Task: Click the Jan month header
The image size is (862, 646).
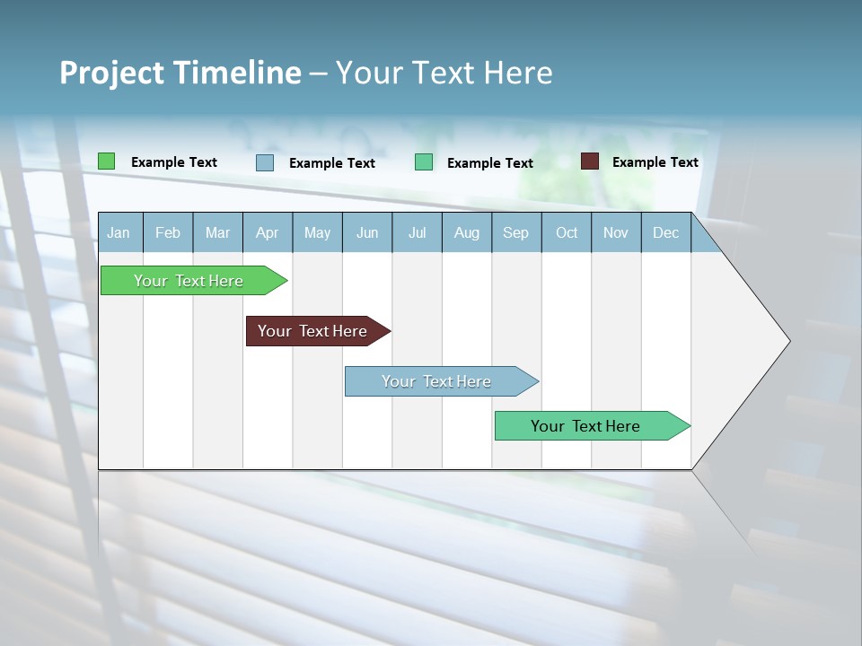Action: [119, 232]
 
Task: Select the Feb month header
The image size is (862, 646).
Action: [168, 232]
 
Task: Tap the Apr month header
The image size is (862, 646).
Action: [267, 232]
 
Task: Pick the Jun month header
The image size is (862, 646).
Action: [367, 232]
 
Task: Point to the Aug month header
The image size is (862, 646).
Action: [466, 232]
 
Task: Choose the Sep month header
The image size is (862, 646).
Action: [515, 232]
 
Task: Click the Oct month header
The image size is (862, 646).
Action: [567, 232]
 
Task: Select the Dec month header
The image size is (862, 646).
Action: [665, 232]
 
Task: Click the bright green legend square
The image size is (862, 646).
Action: [106, 161]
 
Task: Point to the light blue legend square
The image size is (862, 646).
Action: [265, 162]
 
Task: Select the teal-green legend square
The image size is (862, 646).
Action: [424, 162]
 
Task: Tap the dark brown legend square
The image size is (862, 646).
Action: [589, 161]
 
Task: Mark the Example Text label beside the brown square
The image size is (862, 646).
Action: [655, 161]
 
